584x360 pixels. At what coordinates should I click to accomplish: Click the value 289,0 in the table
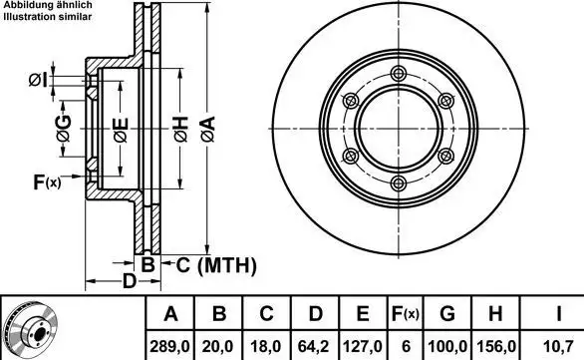[x=169, y=347]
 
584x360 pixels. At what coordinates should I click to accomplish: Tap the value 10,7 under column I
[x=558, y=347]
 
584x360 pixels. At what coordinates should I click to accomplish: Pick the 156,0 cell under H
[x=495, y=347]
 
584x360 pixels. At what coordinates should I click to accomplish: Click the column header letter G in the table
[x=446, y=313]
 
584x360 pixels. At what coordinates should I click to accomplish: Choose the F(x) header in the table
[x=406, y=314]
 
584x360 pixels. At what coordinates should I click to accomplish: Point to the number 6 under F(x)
[x=406, y=347]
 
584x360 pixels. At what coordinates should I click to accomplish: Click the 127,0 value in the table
[x=363, y=347]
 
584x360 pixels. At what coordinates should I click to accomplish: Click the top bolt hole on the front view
[x=399, y=73]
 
